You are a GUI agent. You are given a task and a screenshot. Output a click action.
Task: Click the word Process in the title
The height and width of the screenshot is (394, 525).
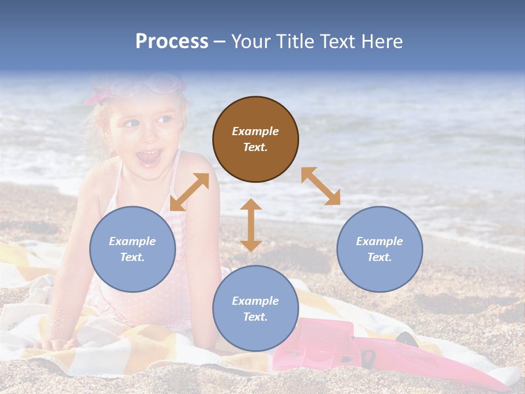pyautogui.click(x=172, y=42)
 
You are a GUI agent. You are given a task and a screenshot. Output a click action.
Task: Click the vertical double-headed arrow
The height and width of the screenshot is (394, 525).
pyautogui.click(x=251, y=225)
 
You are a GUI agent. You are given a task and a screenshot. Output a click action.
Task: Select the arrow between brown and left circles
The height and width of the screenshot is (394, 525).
pyautogui.click(x=189, y=192)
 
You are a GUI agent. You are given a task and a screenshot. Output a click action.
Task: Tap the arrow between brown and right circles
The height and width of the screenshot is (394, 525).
pyautogui.click(x=320, y=186)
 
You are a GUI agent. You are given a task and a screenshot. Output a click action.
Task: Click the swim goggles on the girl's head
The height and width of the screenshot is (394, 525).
pyautogui.click(x=159, y=85)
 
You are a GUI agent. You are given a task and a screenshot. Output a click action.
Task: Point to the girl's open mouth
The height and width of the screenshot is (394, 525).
pyautogui.click(x=149, y=158)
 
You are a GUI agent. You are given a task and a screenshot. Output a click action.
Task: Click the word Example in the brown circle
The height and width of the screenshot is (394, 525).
pyautogui.click(x=255, y=131)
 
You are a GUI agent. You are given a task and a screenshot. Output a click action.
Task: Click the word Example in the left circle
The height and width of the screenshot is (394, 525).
pyautogui.click(x=132, y=241)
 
